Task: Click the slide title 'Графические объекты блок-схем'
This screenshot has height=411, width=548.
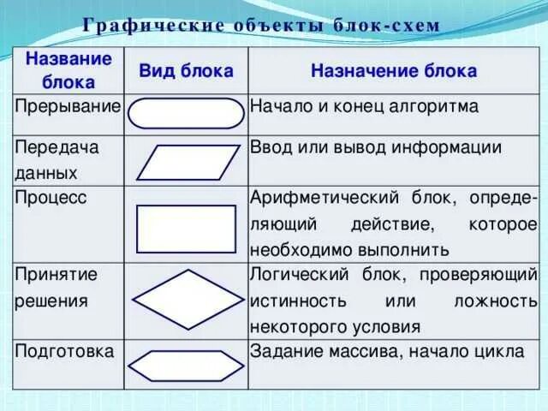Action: pyautogui.click(x=261, y=24)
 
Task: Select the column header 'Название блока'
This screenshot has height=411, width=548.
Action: pyautogui.click(x=68, y=71)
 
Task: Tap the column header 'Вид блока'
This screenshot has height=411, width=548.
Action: pyautogui.click(x=186, y=71)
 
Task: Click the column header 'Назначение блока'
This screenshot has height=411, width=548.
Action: pyautogui.click(x=393, y=71)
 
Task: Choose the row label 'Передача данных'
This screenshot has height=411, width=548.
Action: pyautogui.click(x=57, y=159)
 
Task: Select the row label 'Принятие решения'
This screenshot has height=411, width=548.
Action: pyautogui.click(x=57, y=288)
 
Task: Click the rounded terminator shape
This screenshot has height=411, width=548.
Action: pyautogui.click(x=187, y=114)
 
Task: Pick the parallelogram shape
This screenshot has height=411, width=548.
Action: pyautogui.click(x=186, y=161)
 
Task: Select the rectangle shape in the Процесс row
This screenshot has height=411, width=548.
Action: pyautogui.click(x=186, y=228)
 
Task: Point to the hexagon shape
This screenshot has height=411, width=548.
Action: pyautogui.click(x=186, y=366)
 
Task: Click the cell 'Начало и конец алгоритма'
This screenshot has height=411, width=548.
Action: pyautogui.click(x=363, y=107)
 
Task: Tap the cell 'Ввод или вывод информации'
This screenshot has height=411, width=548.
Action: pyautogui.click(x=375, y=146)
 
